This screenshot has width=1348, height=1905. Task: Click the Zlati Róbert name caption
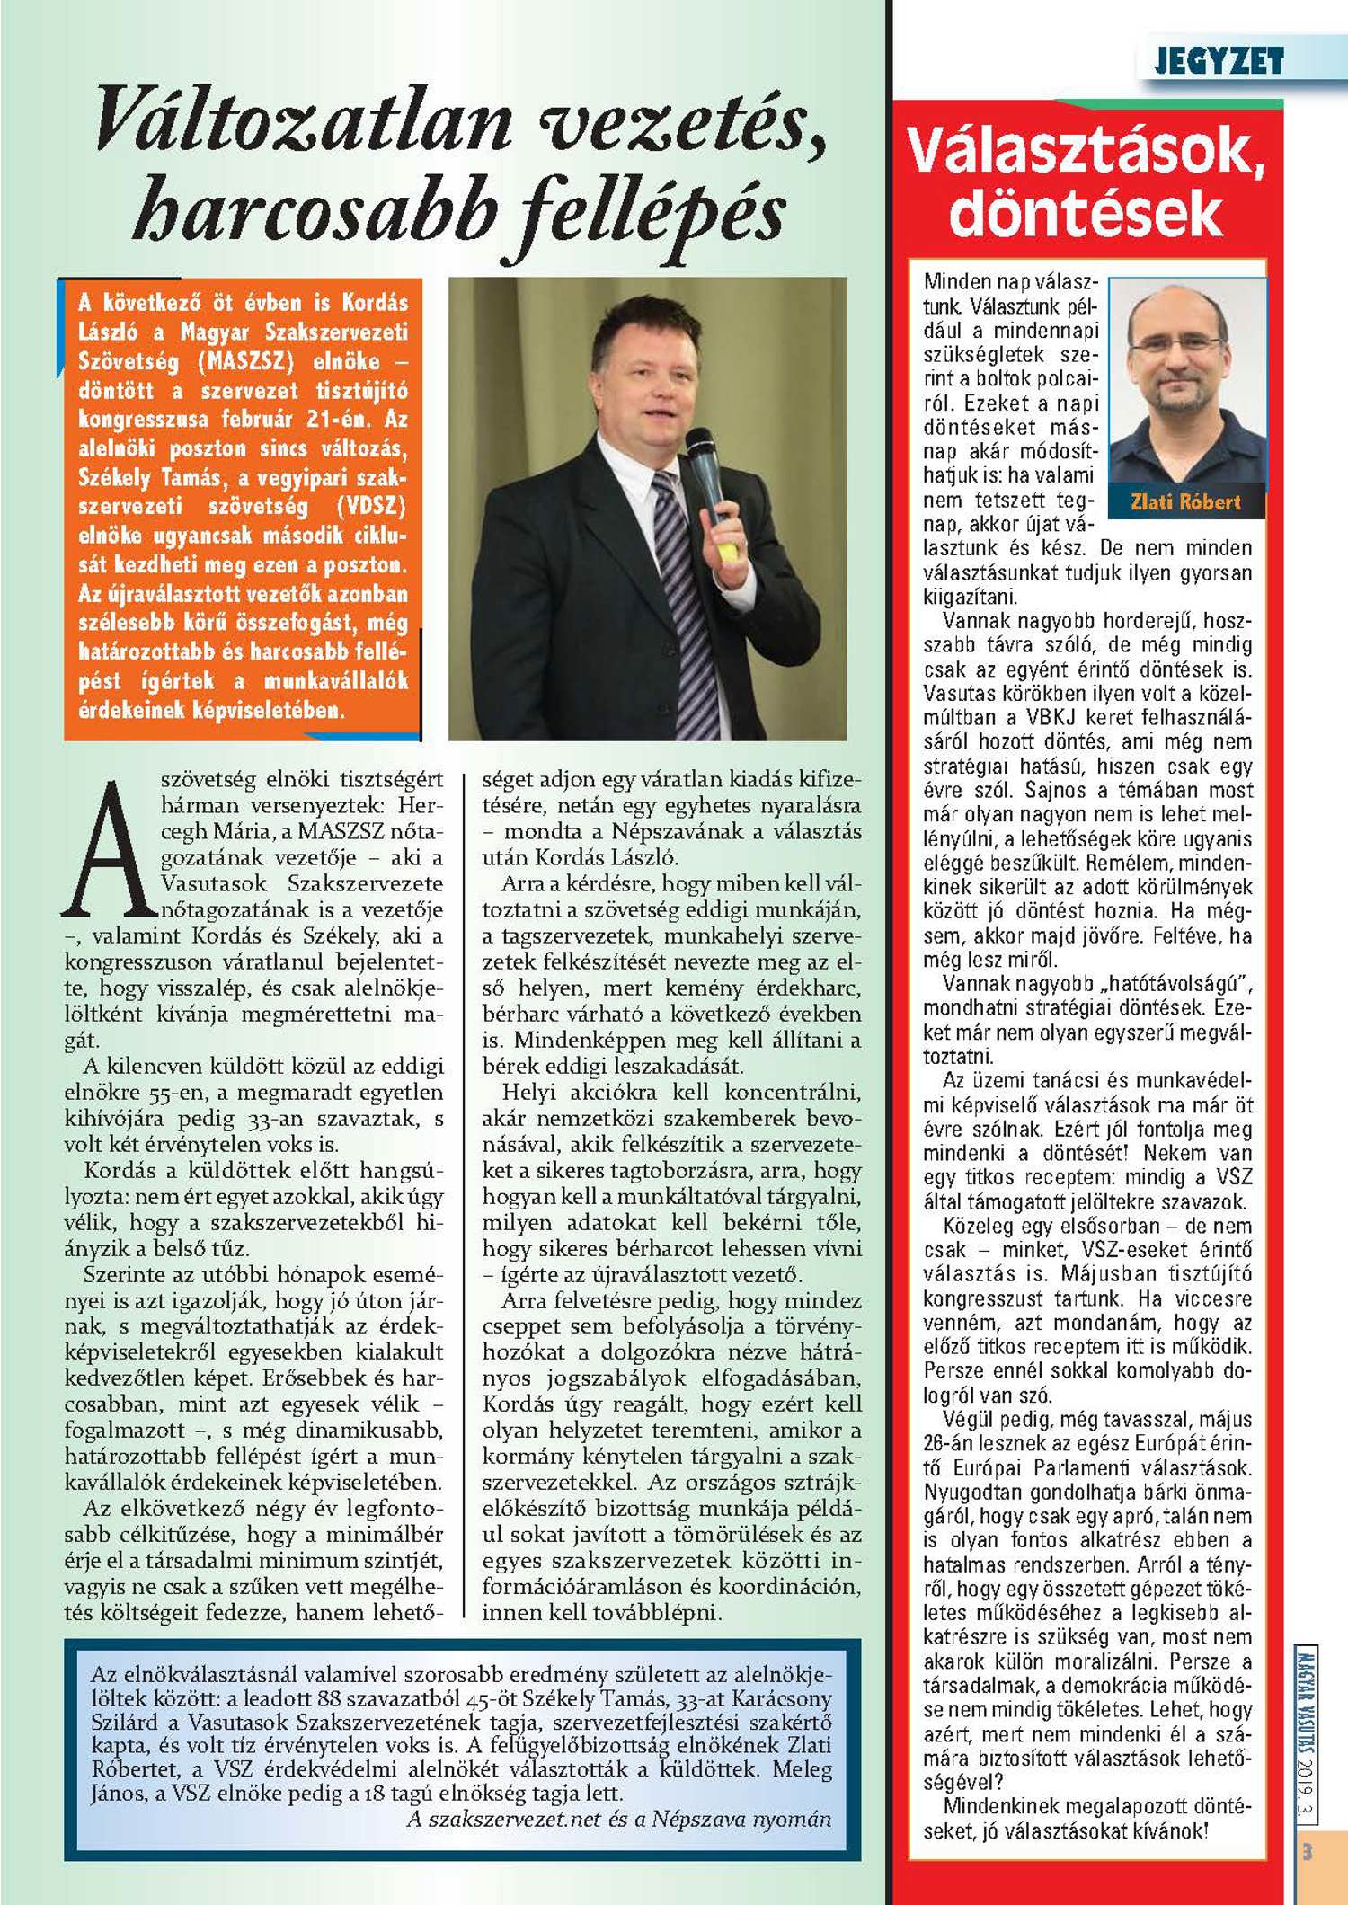coord(1185,502)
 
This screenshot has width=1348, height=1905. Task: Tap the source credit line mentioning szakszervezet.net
coord(619,1820)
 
